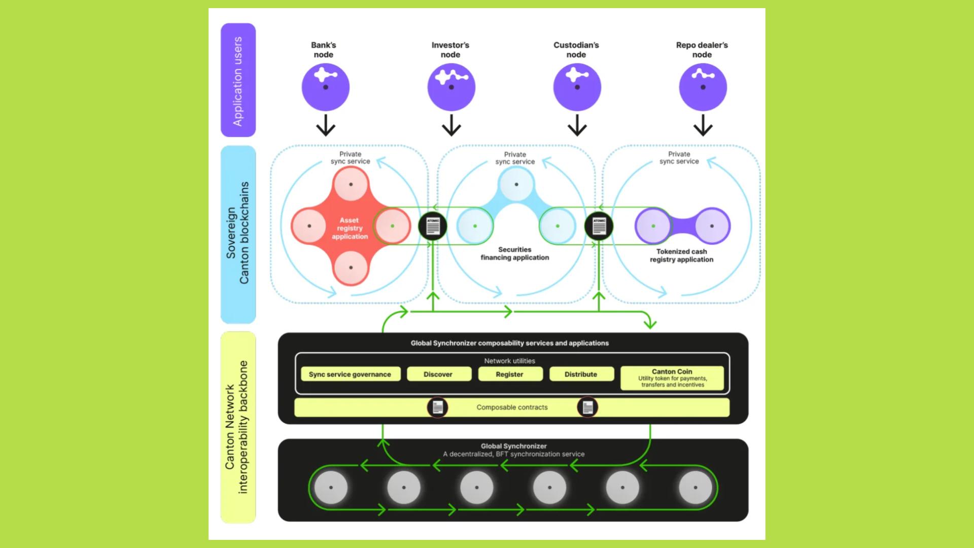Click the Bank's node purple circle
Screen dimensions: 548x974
coord(325,87)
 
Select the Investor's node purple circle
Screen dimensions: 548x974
coord(451,87)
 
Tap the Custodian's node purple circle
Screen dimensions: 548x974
coord(577,87)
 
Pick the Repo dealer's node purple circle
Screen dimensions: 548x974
coord(703,87)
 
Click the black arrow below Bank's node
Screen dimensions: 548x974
coord(325,125)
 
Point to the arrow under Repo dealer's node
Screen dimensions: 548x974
coord(703,125)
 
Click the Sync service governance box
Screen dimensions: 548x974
coord(350,374)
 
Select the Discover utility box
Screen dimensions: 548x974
coord(438,374)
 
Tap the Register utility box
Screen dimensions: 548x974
coord(509,374)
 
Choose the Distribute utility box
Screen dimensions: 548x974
coord(581,374)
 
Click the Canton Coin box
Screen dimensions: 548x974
coord(672,378)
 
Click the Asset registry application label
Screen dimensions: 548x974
coord(350,228)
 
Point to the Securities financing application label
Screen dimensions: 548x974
coord(515,254)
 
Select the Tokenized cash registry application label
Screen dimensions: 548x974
coord(681,255)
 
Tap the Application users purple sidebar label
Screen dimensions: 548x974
coord(238,80)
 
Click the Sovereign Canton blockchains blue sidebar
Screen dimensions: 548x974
coord(238,233)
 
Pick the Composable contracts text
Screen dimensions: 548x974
coord(512,407)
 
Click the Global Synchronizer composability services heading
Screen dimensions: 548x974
coord(509,343)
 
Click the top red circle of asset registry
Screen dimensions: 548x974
coord(351,184)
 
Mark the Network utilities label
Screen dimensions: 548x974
coord(509,361)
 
